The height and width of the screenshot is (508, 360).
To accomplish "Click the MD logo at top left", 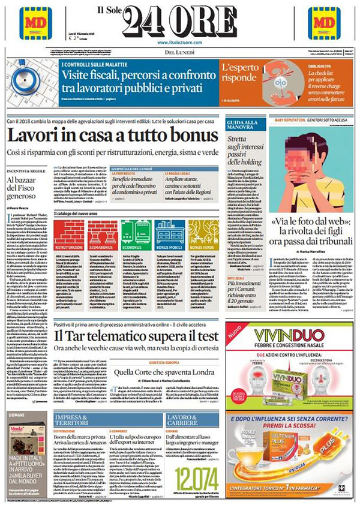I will pyautogui.click(x=35, y=23).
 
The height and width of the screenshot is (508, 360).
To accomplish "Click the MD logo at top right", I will pyautogui.click(x=324, y=23).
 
